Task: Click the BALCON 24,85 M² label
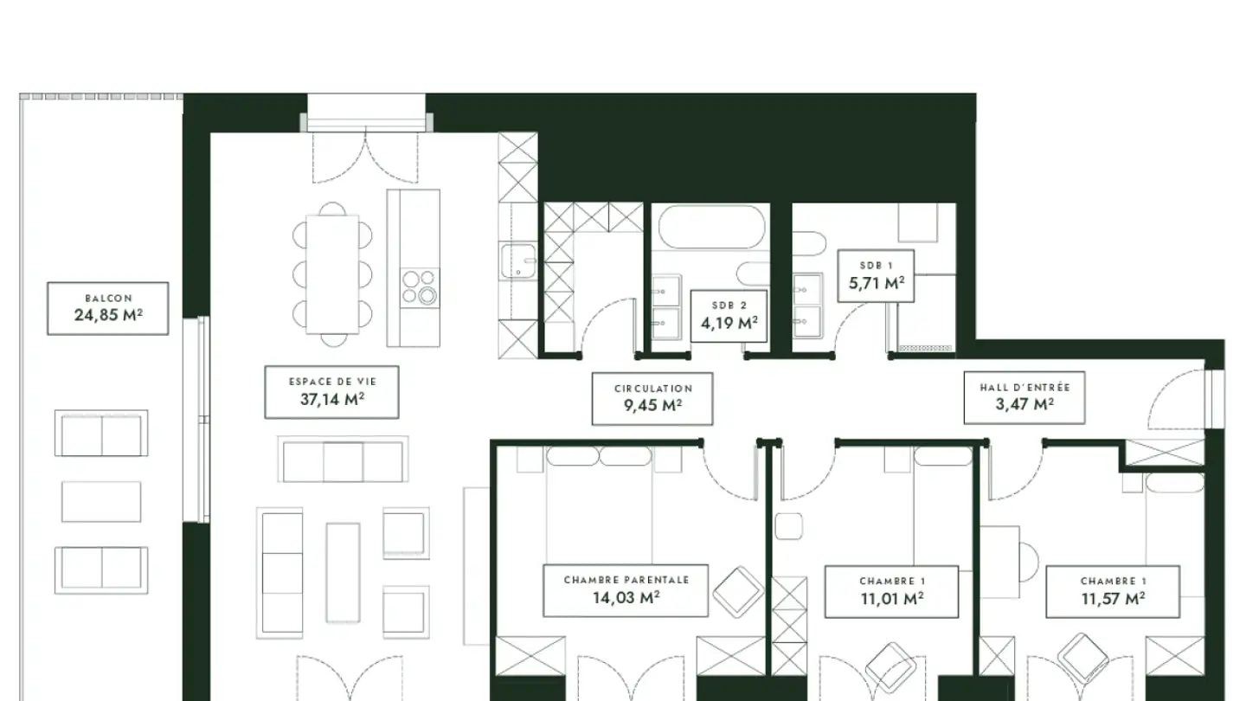108,308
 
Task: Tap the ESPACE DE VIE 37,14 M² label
331,392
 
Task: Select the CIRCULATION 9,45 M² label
652,399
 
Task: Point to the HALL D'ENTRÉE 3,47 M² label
1024,398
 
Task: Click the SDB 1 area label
876,276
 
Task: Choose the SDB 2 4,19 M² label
729,316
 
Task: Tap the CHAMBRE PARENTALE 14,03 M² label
626,591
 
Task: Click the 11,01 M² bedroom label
891,592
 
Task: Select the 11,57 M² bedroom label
1113,592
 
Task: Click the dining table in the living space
332,274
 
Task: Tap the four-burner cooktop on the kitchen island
420,287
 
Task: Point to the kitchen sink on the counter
517,260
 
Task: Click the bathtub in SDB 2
711,227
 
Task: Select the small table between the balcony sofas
101,502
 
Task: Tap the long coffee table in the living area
344,573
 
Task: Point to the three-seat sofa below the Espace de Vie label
343,459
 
